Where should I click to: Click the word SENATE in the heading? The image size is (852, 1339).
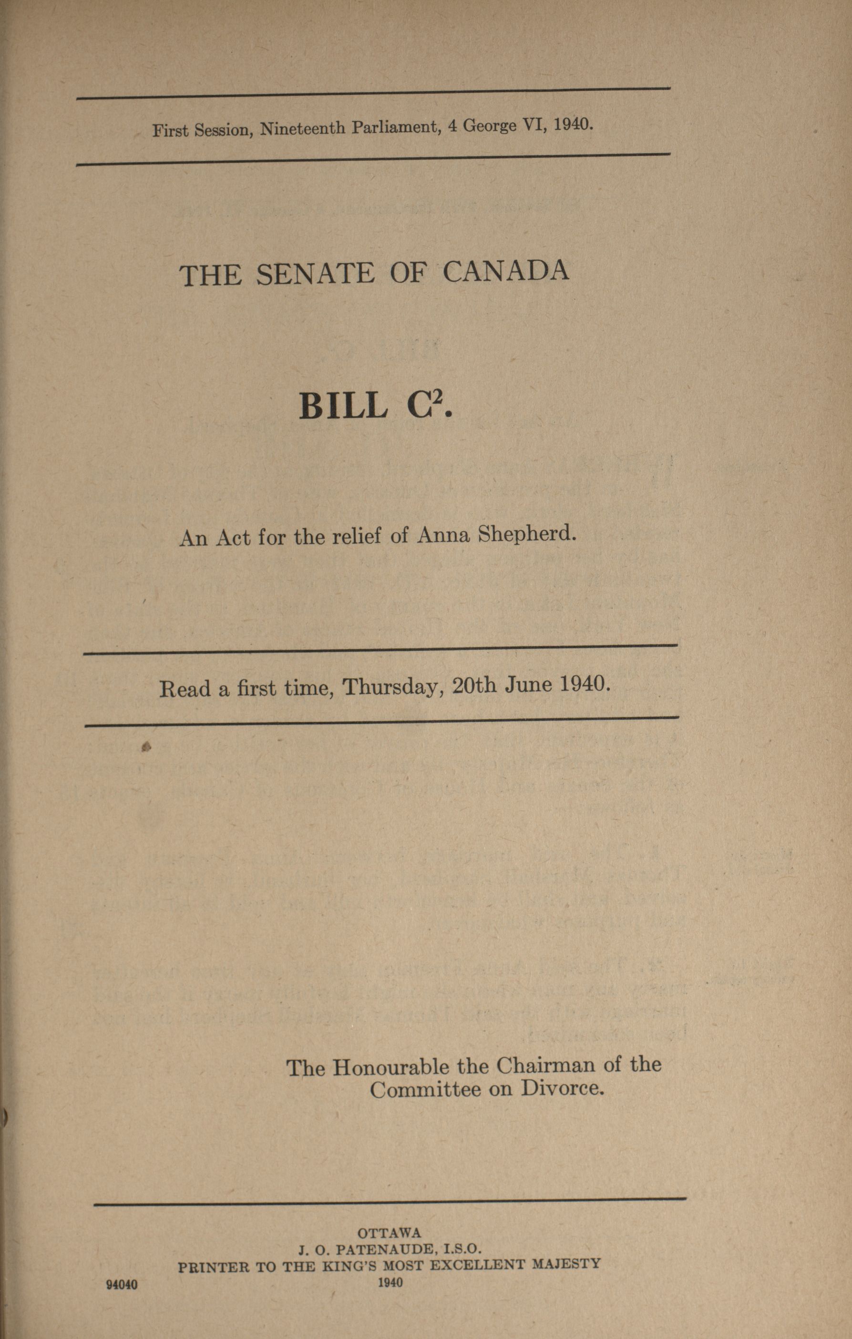[315, 274]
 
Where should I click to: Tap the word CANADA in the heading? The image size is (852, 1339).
[505, 271]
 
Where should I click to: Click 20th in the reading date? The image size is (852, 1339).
[474, 685]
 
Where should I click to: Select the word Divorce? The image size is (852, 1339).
[562, 1089]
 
